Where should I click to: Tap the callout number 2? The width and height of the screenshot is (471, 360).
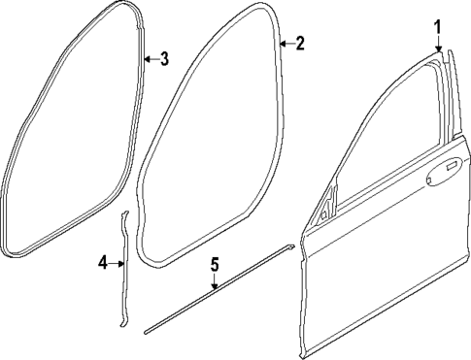pyautogui.click(x=299, y=44)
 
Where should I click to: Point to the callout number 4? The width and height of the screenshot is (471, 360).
pyautogui.click(x=103, y=261)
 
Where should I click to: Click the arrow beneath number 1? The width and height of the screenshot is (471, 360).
pyautogui.click(x=438, y=44)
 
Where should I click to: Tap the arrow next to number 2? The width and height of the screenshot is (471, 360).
pyautogui.click(x=285, y=44)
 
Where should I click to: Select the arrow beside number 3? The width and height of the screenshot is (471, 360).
pyautogui.click(x=149, y=60)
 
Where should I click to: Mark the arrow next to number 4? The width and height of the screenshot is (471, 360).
pyautogui.click(x=118, y=261)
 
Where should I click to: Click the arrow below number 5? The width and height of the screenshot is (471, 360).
pyautogui.click(x=216, y=282)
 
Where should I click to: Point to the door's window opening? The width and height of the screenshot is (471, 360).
pyautogui.click(x=388, y=136)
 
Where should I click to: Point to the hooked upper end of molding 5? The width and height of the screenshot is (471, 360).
pyautogui.click(x=289, y=247)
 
